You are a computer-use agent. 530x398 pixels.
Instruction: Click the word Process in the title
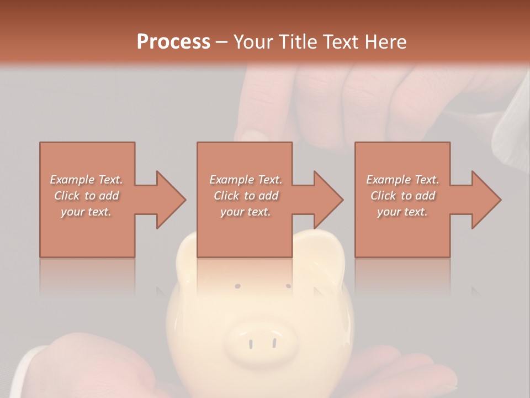(x=173, y=42)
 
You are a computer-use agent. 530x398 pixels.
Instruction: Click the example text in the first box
(x=87, y=196)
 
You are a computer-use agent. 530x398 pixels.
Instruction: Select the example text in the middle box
(x=246, y=196)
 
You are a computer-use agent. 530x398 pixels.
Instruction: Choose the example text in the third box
(x=402, y=196)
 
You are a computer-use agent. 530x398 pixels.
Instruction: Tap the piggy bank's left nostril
(x=250, y=344)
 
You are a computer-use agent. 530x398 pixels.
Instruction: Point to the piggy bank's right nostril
(x=274, y=343)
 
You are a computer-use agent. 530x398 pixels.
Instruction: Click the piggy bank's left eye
(x=237, y=286)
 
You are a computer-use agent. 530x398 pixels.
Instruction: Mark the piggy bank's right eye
(x=288, y=286)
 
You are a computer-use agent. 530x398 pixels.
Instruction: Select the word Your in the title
(x=252, y=42)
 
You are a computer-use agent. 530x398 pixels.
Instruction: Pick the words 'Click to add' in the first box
(x=87, y=196)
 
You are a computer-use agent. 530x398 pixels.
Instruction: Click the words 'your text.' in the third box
(x=402, y=212)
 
